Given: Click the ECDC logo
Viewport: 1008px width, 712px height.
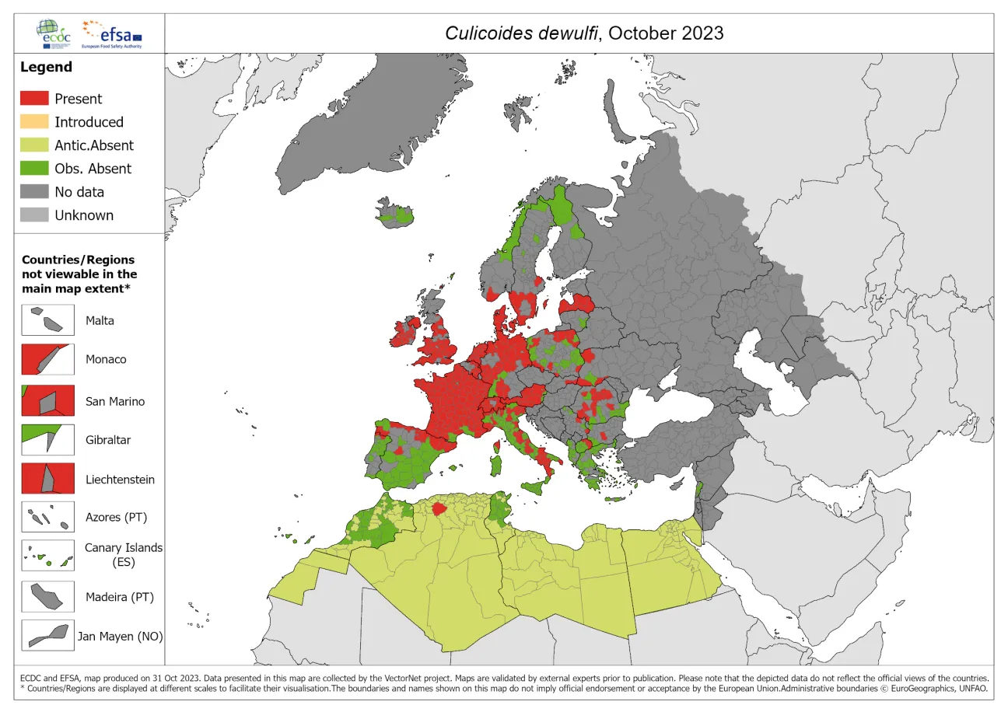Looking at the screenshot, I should pos(57,33).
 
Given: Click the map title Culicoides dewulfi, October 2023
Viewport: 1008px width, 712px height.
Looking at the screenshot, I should pos(583,33).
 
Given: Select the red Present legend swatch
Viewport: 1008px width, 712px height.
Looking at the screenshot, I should pos(35,99).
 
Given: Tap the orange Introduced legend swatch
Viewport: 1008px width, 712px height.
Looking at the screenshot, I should pos(35,122).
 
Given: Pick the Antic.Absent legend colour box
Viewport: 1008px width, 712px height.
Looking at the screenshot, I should pos(35,145).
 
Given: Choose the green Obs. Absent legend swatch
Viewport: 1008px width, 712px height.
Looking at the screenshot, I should pos(35,169).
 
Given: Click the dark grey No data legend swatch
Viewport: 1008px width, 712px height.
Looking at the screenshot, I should pos(35,192).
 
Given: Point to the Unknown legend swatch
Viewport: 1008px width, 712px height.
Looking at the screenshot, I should pos(35,215).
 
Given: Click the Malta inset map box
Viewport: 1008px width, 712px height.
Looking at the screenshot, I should pos(47,319).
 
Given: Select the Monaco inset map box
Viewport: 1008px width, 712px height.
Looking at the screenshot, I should pos(47,359).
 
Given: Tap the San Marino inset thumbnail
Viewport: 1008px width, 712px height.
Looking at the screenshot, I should pos(47,401).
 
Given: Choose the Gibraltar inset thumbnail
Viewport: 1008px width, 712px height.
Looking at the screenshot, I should pos(47,440).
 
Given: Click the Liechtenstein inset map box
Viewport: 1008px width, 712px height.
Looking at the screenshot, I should pos(47,479).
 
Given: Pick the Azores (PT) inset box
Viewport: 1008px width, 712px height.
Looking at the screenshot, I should pos(47,517).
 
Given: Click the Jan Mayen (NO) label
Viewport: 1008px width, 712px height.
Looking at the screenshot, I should pos(120,636).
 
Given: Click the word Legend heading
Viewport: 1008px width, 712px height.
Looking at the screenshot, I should pos(46,67).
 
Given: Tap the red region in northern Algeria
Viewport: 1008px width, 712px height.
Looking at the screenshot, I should pos(439,509).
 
